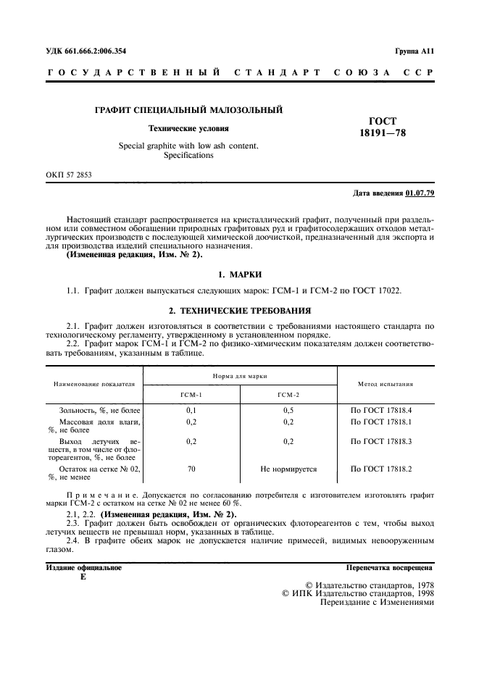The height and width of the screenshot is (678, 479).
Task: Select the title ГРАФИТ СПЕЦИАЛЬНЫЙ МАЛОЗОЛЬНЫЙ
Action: click(x=188, y=110)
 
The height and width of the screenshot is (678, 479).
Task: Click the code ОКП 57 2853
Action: click(x=70, y=175)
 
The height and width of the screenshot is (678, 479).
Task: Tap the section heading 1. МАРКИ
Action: click(x=239, y=275)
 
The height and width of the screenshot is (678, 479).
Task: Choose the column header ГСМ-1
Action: click(x=191, y=394)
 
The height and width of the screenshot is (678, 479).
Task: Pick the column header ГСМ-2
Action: click(x=288, y=394)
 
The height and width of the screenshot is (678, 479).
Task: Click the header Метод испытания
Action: click(x=386, y=384)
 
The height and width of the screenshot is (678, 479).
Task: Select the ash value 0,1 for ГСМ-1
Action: click(x=191, y=410)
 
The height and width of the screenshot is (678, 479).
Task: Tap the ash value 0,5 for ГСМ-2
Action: click(x=288, y=410)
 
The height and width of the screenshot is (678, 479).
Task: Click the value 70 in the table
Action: click(x=191, y=469)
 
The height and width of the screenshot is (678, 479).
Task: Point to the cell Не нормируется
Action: click(x=288, y=469)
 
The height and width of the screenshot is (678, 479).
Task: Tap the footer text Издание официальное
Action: click(x=83, y=568)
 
